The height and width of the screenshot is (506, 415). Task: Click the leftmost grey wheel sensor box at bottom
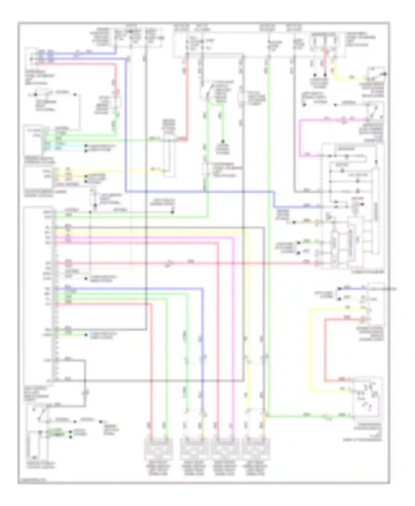tap(159, 449)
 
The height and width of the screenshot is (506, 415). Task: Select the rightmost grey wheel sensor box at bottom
tap(256, 449)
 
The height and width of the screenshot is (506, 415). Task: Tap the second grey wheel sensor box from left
tap(194, 449)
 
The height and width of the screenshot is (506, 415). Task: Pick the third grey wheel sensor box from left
tap(225, 449)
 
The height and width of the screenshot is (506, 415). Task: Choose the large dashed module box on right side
tap(351, 206)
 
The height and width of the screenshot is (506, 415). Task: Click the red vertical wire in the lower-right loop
tap(326, 350)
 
